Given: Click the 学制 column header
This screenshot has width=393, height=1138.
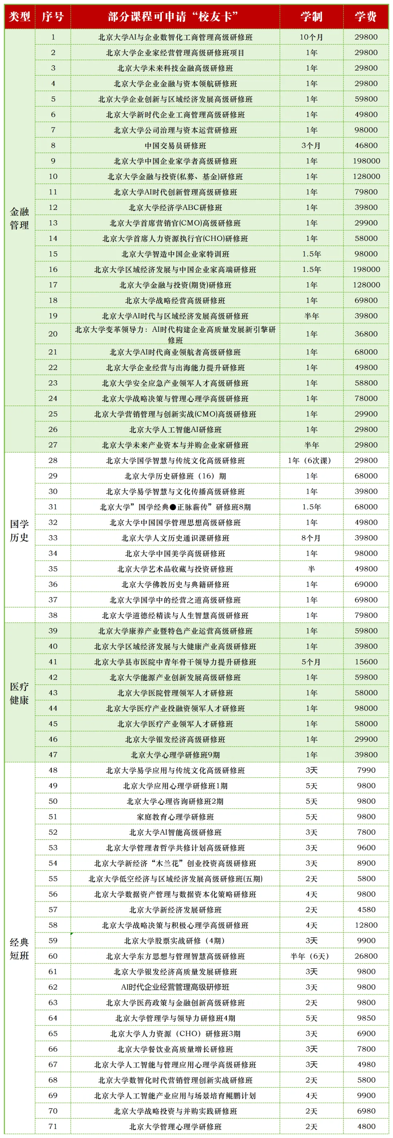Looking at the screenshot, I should coord(311,17).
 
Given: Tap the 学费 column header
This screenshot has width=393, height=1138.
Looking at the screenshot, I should coord(366,17).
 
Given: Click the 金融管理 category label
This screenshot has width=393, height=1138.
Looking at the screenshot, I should coord(19,218).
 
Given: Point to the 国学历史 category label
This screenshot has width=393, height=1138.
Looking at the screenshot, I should coord(19,530).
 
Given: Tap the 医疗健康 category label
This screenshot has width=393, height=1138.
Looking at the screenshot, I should coord(19,693).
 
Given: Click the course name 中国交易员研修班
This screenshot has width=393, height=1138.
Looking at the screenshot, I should coord(175,146).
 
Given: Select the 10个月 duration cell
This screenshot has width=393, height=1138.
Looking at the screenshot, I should coord(311,37).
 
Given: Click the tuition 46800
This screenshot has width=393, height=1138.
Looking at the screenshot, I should coord(366,146).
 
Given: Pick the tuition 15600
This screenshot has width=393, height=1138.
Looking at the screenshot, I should coord(366,662).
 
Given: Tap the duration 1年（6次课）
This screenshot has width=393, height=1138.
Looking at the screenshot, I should coord(311,460).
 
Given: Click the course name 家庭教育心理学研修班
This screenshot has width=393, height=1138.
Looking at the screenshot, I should coord(175,817).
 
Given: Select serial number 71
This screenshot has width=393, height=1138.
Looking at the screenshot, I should coord(53,1126).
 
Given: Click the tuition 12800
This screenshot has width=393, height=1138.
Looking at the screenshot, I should coord(366,925).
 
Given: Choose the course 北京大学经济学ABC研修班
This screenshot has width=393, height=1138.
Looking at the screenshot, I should coord(175,207).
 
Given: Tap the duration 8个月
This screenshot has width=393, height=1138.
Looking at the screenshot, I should coord(311,538).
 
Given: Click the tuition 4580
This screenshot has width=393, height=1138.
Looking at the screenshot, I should coord(366,910).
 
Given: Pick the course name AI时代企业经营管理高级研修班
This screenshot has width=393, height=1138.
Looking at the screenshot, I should coord(175,987).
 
